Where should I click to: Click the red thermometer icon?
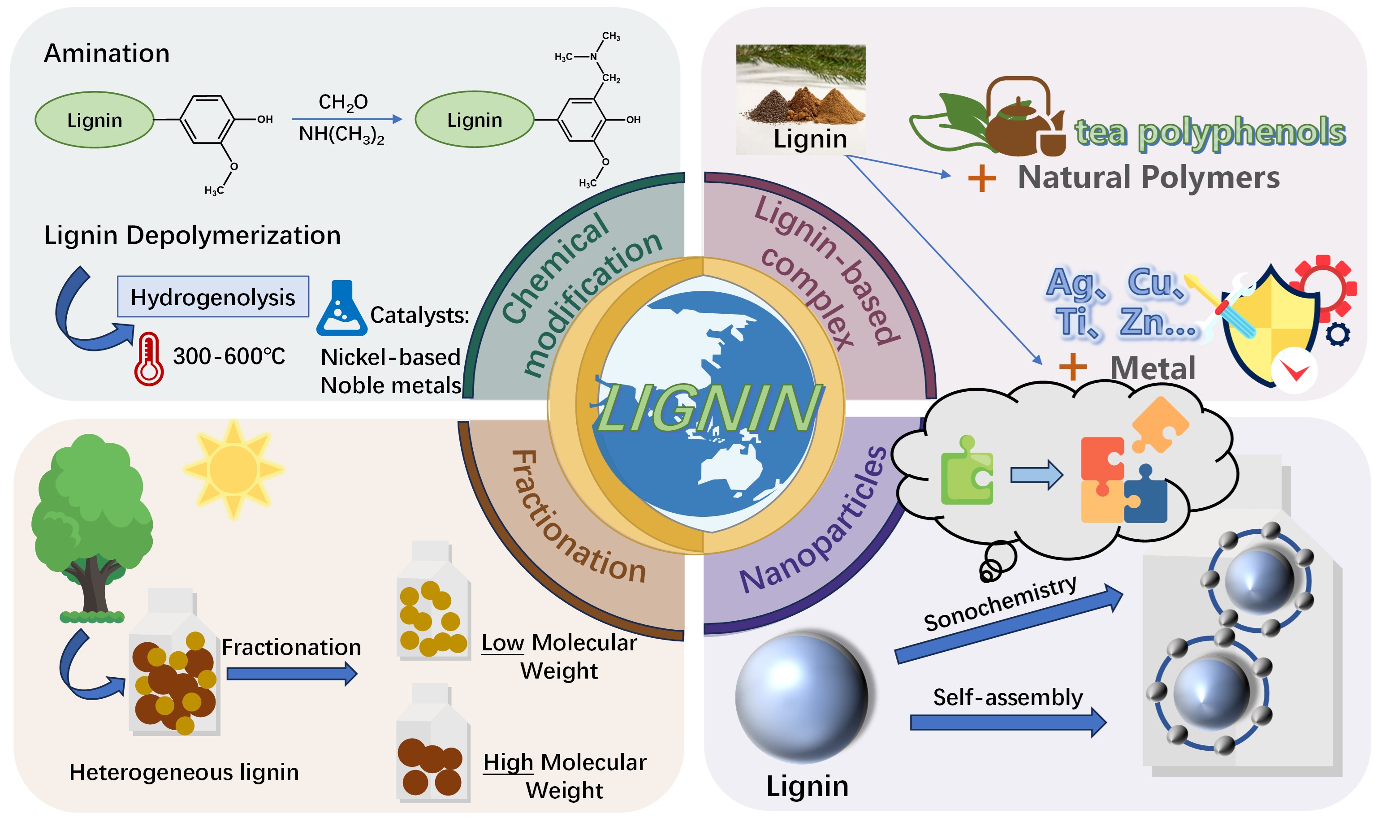tap(148, 359)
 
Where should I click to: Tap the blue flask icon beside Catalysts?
tap(341, 310)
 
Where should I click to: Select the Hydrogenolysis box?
tap(212, 297)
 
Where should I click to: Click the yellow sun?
tap(233, 469)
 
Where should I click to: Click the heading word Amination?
tap(107, 54)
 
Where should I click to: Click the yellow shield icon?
tap(1270, 327)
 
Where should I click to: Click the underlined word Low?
tap(502, 643)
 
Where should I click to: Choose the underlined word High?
tap(508, 763)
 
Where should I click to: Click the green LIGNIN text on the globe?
tap(708, 408)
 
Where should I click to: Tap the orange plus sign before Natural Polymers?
tap(981, 178)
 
